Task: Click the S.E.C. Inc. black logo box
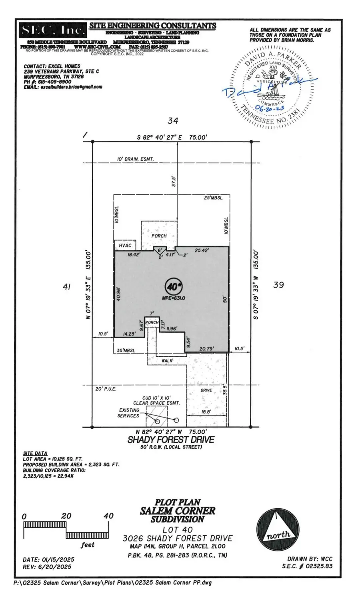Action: (53, 30)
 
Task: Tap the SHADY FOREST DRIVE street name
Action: (171, 439)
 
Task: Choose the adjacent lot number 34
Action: (173, 120)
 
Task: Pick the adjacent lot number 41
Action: (67, 286)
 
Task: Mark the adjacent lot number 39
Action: (278, 285)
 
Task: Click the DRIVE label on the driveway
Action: (206, 390)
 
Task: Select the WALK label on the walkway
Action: (167, 361)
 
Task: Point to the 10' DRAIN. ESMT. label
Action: (135, 159)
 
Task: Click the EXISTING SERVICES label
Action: (128, 413)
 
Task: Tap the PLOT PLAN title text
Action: (178, 502)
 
